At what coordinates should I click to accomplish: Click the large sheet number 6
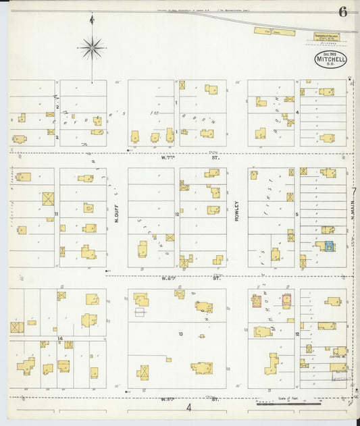pos(344,11)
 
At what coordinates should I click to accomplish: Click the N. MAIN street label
pos(353,215)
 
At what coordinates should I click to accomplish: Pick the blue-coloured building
pos(329,247)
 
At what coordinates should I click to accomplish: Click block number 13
pos(180,334)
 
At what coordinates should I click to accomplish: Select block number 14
pos(60,338)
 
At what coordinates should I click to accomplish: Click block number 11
pos(57,214)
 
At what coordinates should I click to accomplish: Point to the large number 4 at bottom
pos(189,407)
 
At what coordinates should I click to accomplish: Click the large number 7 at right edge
pos(353,191)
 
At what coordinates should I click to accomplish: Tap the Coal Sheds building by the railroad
pos(274,31)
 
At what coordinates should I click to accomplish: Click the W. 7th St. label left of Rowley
pos(163,158)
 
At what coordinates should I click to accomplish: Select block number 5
pos(297,215)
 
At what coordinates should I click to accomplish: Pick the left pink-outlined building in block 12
pos(257,301)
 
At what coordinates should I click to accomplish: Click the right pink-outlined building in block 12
pos(286,300)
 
